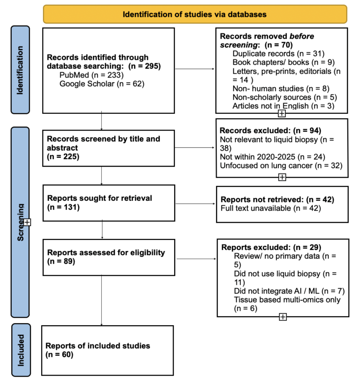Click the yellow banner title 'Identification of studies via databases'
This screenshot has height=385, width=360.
point(194,14)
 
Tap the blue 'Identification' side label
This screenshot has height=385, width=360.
point(20,70)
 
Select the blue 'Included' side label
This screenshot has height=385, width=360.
point(21,350)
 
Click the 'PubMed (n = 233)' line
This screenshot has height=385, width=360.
point(91,75)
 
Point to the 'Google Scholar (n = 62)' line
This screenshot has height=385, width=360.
point(102,84)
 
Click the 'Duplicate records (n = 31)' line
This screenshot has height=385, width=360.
point(278,54)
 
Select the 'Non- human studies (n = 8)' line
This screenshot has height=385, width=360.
point(281,88)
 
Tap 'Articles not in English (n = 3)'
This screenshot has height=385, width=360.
point(283,106)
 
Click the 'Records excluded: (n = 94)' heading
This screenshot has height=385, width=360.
point(270,130)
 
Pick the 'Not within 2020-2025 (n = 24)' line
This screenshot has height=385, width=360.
point(273,157)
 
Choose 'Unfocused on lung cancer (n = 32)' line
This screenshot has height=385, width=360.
point(281,166)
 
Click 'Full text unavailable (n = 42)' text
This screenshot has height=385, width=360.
point(271,208)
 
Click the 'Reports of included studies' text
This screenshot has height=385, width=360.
point(98,346)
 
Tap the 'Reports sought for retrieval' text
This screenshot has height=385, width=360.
point(99,198)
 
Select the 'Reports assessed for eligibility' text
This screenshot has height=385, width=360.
point(106,253)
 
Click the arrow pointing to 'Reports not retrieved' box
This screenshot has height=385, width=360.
point(195,204)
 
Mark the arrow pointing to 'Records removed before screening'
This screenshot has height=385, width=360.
point(195,69)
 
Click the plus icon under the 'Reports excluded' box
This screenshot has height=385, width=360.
point(283,317)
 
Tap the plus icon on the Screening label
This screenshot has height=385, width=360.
point(27,222)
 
